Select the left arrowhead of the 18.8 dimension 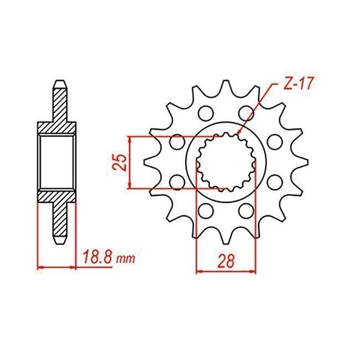pyautogui.click(x=40, y=267)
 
